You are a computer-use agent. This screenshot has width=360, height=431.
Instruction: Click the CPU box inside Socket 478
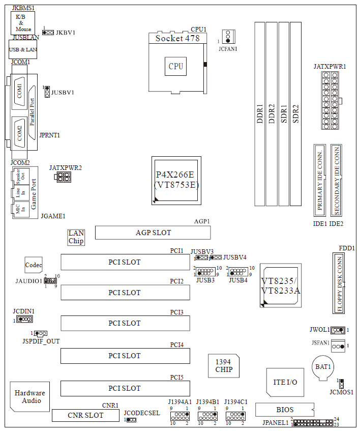click(x=176, y=66)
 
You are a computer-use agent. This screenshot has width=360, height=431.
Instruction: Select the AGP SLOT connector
click(x=153, y=233)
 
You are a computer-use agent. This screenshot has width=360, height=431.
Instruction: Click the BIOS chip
click(x=285, y=410)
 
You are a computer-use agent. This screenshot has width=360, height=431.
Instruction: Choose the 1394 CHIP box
click(x=224, y=365)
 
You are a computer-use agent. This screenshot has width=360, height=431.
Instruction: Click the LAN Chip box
click(x=76, y=237)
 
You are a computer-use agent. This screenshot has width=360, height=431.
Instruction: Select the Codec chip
click(x=34, y=265)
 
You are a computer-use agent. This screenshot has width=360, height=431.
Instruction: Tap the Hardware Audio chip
click(x=29, y=396)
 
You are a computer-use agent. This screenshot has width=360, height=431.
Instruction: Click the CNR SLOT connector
click(x=85, y=415)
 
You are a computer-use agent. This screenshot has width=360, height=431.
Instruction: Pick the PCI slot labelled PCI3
click(x=125, y=323)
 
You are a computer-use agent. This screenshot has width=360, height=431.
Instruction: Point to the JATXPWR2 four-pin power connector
click(x=63, y=177)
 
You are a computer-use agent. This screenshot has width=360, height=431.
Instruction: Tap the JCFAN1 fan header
click(x=228, y=36)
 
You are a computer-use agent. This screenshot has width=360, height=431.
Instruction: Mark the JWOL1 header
click(x=338, y=330)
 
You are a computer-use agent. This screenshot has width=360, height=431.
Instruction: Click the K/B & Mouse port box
click(x=23, y=23)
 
